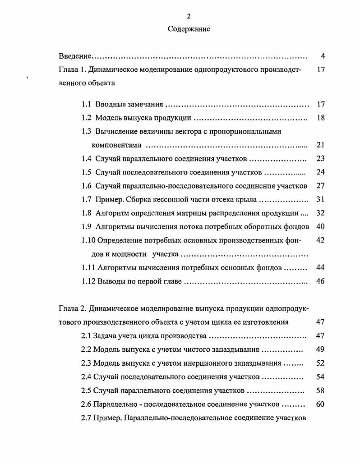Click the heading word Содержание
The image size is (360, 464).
click(189, 29)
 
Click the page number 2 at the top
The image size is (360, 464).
click(189, 16)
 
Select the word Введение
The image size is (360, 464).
click(75, 56)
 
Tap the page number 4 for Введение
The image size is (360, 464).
click(323, 56)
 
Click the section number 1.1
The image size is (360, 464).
click(87, 104)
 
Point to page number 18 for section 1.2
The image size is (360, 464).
click(321, 118)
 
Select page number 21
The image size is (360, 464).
click(321, 145)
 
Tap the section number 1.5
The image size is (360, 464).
click(87, 172)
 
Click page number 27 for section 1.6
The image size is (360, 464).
click(321, 186)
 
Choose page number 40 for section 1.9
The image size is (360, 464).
click(321, 226)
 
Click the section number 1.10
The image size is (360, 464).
click(88, 240)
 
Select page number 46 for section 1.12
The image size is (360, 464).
click(321, 281)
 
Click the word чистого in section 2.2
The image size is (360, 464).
click(197, 349)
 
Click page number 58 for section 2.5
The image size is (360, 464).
click(320, 390)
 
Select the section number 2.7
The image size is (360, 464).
click(86, 418)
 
